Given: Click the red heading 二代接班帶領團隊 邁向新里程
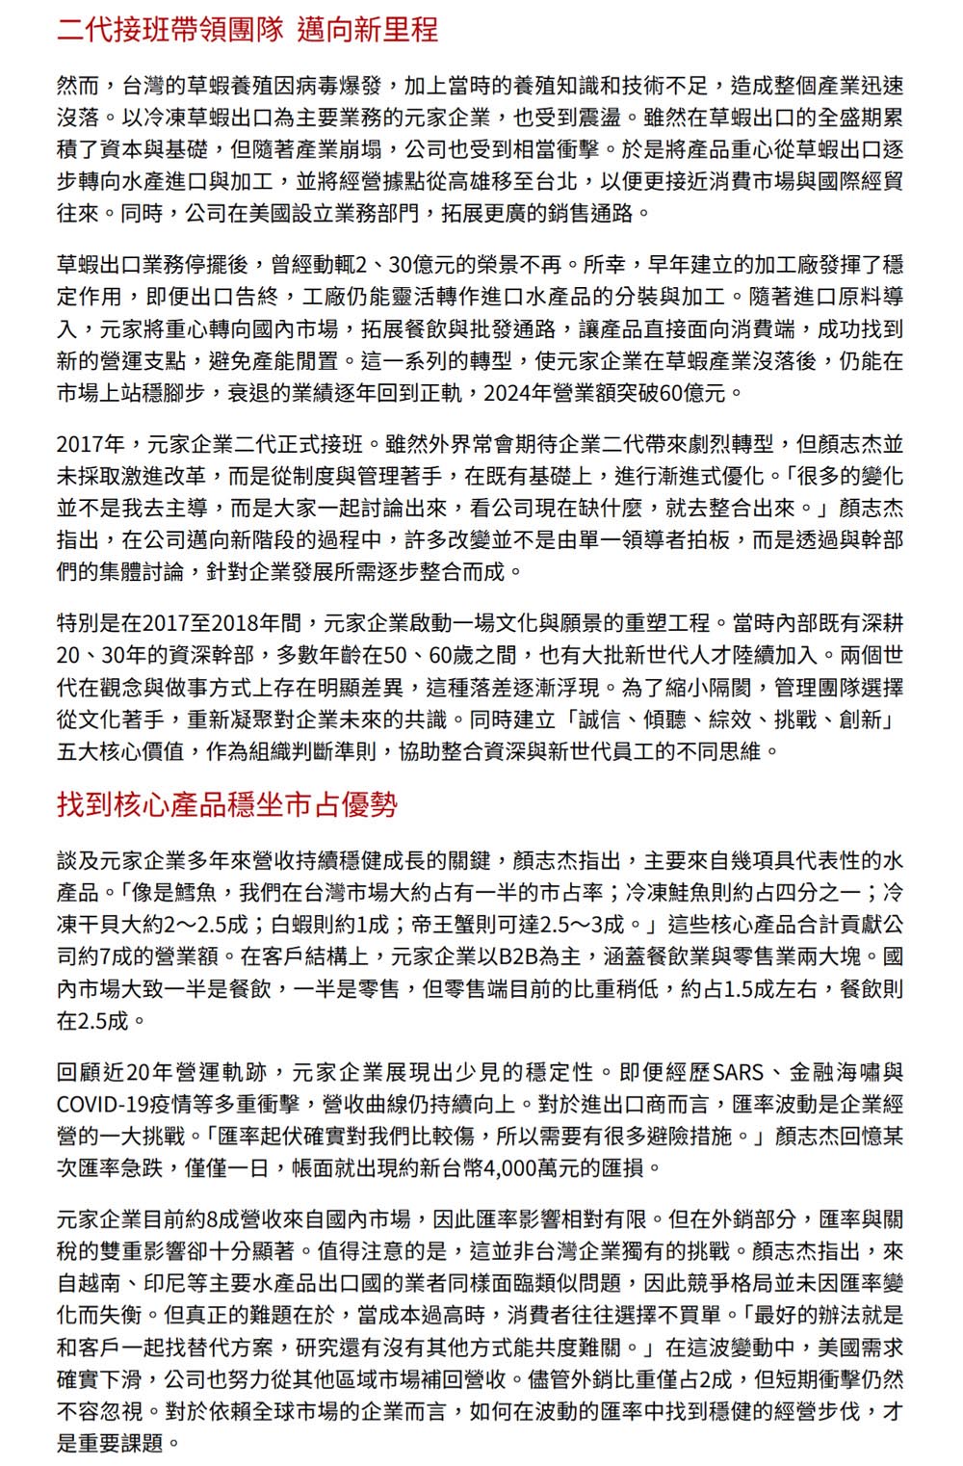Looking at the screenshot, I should pos(247,30).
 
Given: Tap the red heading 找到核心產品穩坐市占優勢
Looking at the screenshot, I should pos(227,804).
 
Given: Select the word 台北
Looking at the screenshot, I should pos(559,181).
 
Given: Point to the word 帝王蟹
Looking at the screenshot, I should pos(442,925).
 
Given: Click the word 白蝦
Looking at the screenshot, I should pos(292,925).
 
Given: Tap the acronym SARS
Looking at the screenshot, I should pos(738,1072).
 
